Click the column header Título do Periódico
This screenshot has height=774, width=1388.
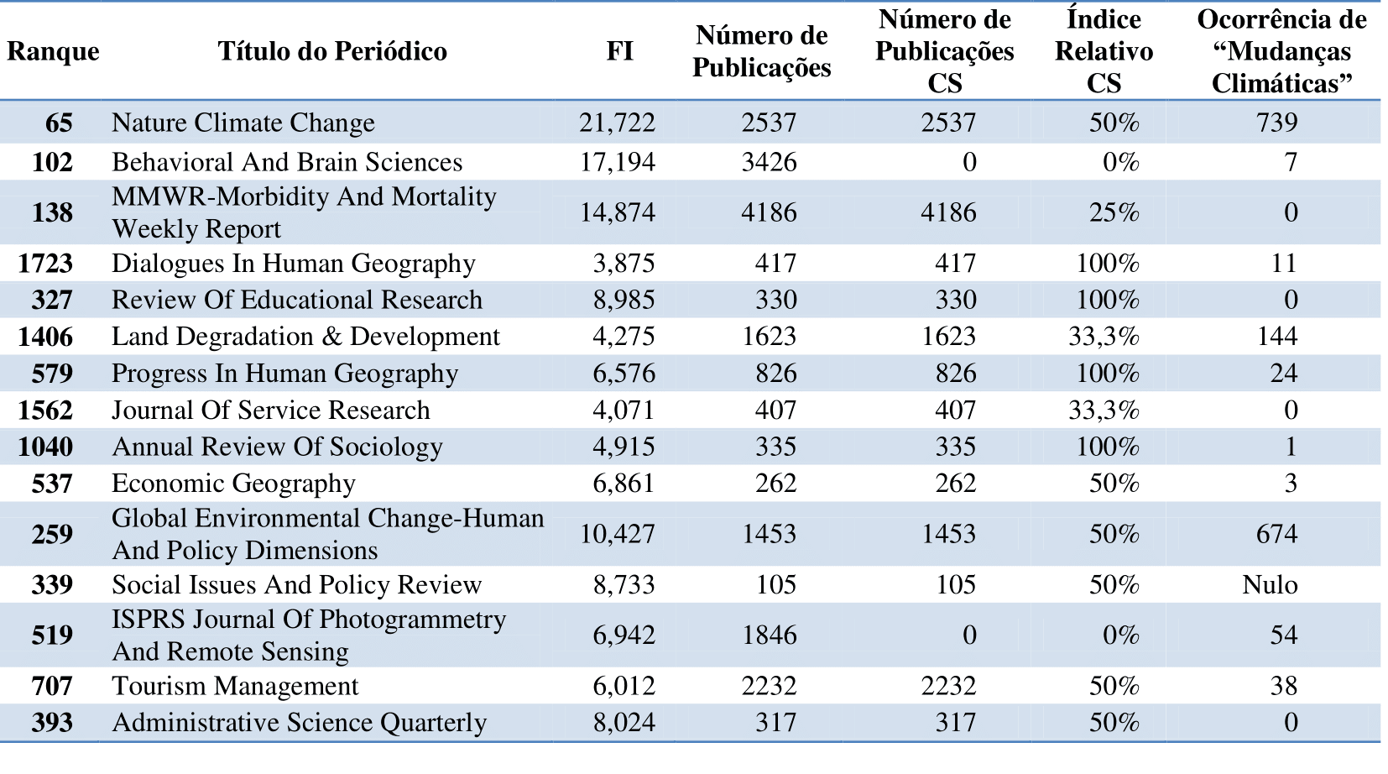[332, 51]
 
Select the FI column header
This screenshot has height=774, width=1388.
[619, 51]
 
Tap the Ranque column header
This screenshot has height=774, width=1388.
[53, 51]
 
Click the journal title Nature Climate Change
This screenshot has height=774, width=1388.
[243, 122]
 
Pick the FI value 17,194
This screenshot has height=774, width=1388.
[617, 162]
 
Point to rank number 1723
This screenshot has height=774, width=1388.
[45, 264]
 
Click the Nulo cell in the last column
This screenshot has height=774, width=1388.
[1270, 584]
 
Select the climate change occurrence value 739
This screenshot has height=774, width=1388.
[1277, 122]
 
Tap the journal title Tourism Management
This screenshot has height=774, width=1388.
[235, 686]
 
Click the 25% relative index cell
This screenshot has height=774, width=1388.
[1114, 212]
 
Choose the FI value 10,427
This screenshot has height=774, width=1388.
[617, 534]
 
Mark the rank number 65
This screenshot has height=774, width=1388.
[59, 122]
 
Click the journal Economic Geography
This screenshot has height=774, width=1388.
[233, 484]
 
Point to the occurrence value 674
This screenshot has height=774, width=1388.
[1277, 534]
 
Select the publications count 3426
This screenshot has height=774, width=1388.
[769, 162]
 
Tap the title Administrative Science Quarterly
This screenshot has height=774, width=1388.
[300, 723]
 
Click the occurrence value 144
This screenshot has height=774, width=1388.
[1277, 337]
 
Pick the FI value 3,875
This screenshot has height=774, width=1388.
[624, 264]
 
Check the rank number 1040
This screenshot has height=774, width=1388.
[45, 447]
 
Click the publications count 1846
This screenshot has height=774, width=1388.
[769, 635]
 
